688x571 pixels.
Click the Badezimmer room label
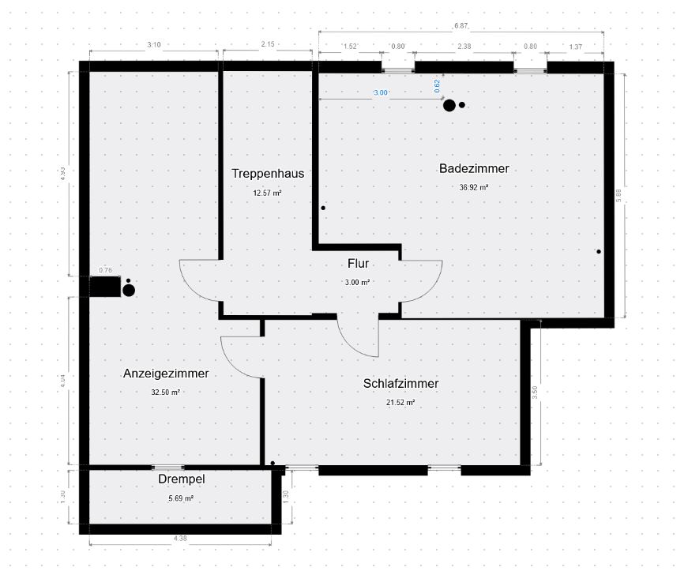point(474,168)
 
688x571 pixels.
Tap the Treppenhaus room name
point(268,174)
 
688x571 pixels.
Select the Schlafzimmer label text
point(400,383)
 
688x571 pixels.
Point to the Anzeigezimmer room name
point(166,374)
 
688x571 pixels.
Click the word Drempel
point(181,479)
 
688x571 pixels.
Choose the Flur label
point(358,264)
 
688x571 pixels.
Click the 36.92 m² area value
point(474,187)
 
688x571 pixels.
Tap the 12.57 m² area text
point(267,193)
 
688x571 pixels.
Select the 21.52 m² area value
point(400,402)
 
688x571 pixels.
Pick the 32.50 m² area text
point(165,393)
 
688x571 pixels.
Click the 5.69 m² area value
point(181,498)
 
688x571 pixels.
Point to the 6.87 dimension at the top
point(461,26)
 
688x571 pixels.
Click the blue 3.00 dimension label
point(381,92)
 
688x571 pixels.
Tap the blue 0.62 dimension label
point(437,86)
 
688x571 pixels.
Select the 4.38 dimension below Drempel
point(180,539)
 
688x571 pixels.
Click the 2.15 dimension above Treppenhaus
point(268,44)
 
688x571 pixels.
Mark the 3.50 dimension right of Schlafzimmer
point(535,393)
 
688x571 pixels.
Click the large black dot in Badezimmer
point(449,106)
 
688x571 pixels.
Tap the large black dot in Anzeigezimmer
point(129,291)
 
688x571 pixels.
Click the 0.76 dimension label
point(105,270)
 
